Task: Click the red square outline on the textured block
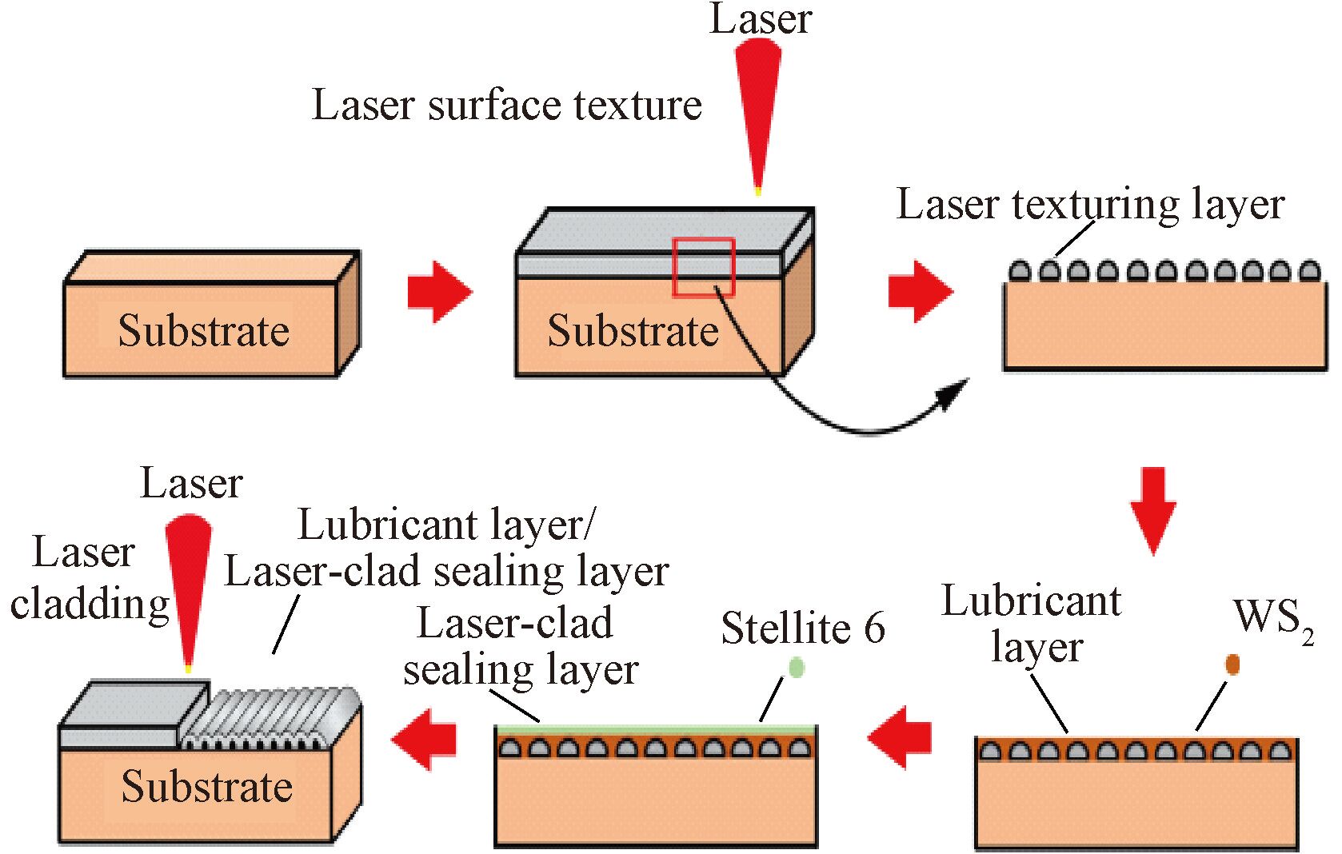pyautogui.click(x=704, y=267)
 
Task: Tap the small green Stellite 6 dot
pyautogui.click(x=796, y=667)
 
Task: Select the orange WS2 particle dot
pyautogui.click(x=1232, y=664)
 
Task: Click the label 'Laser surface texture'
pyautogui.click(x=507, y=105)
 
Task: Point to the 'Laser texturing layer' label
pyautogui.click(x=1090, y=204)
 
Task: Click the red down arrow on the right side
pyautogui.click(x=1153, y=509)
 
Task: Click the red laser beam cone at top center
pyautogui.click(x=757, y=112)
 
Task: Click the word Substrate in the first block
pyautogui.click(x=203, y=330)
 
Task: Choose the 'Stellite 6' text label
pyautogui.click(x=803, y=629)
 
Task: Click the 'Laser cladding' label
pyautogui.click(x=88, y=577)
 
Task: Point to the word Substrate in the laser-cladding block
pyautogui.click(x=206, y=786)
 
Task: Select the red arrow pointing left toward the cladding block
pyautogui.click(x=424, y=738)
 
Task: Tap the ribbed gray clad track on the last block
pyautogui.click(x=268, y=718)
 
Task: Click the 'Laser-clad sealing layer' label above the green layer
pyautogui.click(x=520, y=646)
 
